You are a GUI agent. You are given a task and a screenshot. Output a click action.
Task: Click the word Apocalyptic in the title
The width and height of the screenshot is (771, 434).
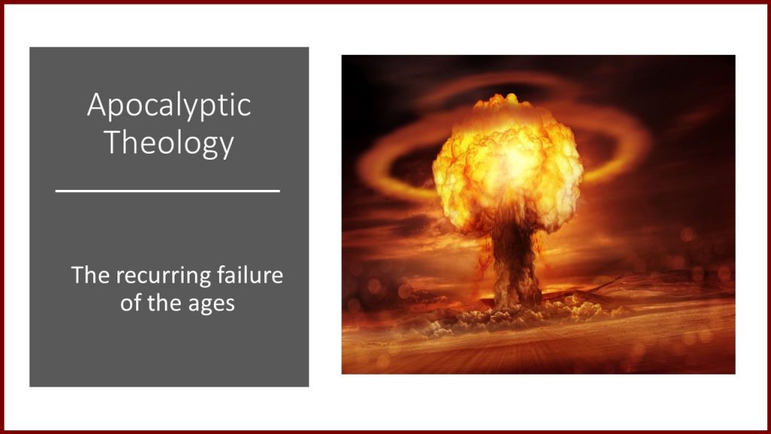pyautogui.click(x=169, y=105)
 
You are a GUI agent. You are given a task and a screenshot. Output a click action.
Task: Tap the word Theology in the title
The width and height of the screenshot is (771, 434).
pyautogui.click(x=169, y=143)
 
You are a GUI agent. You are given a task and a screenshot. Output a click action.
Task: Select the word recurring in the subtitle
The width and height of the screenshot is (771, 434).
pyautogui.click(x=165, y=276)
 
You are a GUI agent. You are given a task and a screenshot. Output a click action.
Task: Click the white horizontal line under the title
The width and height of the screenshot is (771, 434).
pyautogui.click(x=168, y=191)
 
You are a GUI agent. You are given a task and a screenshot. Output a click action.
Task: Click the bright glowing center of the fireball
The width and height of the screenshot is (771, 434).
pyautogui.click(x=513, y=157)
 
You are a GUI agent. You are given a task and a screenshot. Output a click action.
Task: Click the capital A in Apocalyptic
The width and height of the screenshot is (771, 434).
pyautogui.click(x=97, y=104)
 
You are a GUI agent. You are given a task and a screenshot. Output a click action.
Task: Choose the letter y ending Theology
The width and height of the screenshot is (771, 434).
pyautogui.click(x=227, y=147)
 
